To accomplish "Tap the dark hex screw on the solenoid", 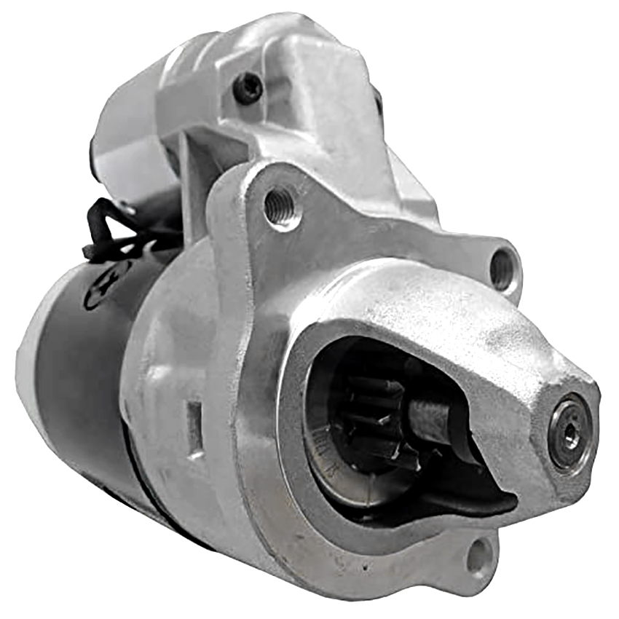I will pos(248,88).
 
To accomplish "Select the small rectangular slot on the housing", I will pos(195,429).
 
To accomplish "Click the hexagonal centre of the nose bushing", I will pos(571,435).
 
